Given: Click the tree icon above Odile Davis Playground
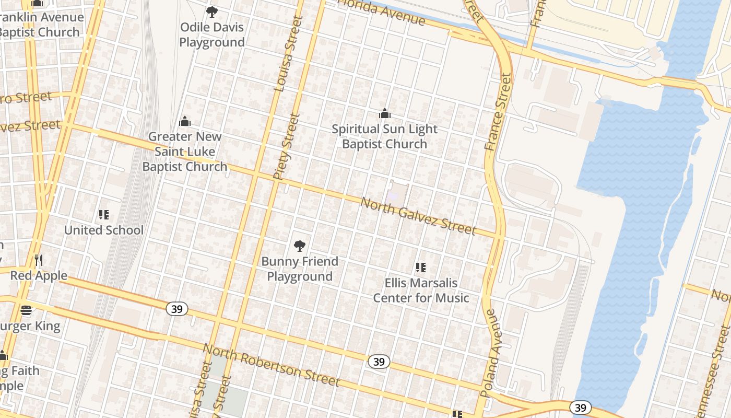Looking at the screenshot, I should pyautogui.click(x=211, y=11).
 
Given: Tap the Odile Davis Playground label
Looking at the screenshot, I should pyautogui.click(x=212, y=34).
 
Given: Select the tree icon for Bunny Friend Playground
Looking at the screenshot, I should pyautogui.click(x=299, y=246).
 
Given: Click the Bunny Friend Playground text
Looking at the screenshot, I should pyautogui.click(x=300, y=269).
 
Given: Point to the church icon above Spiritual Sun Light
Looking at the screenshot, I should pyautogui.click(x=385, y=113).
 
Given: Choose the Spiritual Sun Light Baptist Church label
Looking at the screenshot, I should pyautogui.click(x=385, y=136).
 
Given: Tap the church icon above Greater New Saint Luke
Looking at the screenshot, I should pyautogui.click(x=185, y=122).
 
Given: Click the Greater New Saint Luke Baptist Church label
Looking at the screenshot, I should pyautogui.click(x=185, y=152).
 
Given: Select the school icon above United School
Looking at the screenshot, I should pyautogui.click(x=103, y=215).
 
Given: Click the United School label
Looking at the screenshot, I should pyautogui.click(x=103, y=230).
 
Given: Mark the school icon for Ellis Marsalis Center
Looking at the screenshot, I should pyautogui.click(x=421, y=268).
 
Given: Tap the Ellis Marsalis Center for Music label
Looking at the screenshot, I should pyautogui.click(x=421, y=291).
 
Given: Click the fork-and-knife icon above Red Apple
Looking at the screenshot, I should pyautogui.click(x=39, y=260).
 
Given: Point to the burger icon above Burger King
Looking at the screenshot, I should pyautogui.click(x=26, y=311).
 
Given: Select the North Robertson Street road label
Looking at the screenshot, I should pyautogui.click(x=271, y=365).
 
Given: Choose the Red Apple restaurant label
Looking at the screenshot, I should pyautogui.click(x=39, y=275).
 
